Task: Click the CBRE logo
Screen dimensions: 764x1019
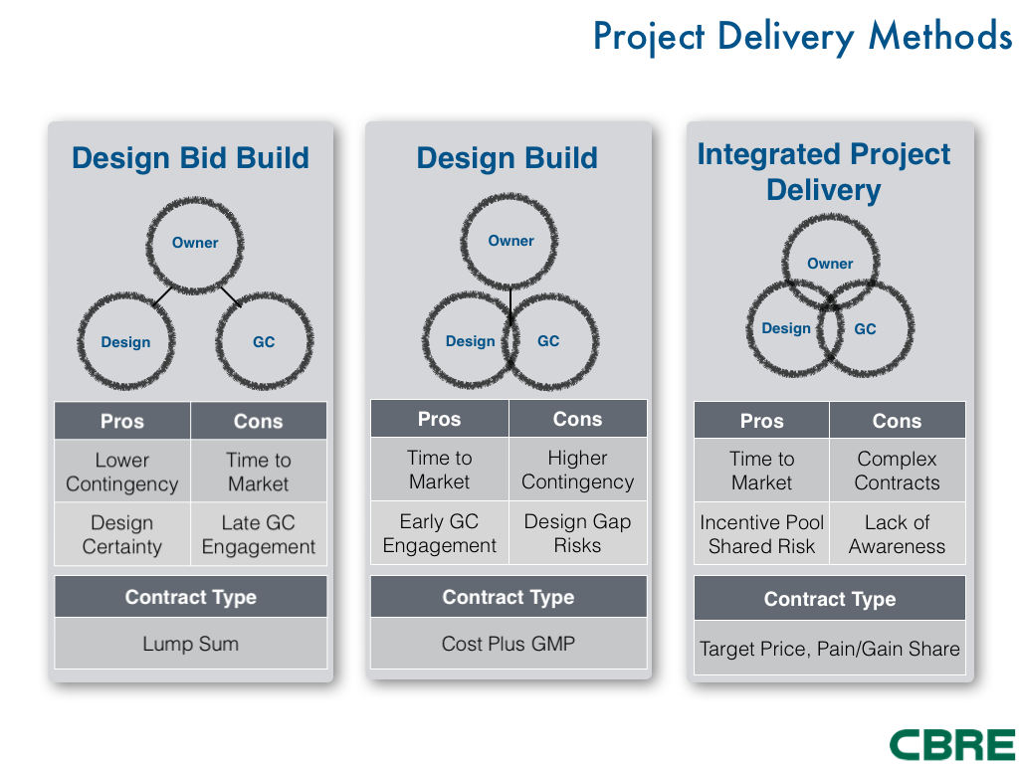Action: click(951, 743)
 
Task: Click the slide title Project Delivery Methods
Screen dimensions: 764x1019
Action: click(802, 37)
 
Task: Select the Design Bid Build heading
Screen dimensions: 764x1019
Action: click(190, 158)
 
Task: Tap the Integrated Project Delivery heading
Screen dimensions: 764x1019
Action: click(824, 172)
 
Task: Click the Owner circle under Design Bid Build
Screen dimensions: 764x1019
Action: click(195, 242)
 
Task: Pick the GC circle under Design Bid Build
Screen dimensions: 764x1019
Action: click(264, 341)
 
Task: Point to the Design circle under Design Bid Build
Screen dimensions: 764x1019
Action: click(125, 341)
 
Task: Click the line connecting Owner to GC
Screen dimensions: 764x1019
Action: click(230, 296)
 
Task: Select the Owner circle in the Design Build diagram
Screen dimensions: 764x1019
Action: click(510, 241)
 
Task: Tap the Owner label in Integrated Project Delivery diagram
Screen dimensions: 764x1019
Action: click(830, 264)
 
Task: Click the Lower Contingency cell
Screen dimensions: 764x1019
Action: click(122, 473)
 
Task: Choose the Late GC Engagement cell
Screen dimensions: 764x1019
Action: click(259, 534)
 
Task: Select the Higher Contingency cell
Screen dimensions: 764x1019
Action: click(577, 470)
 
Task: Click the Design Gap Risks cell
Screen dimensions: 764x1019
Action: click(577, 533)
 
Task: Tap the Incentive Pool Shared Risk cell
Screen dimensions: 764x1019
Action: click(761, 534)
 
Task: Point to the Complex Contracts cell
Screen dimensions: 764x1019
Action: click(897, 471)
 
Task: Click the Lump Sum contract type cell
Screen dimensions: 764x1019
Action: click(190, 644)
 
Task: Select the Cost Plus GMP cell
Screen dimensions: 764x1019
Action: click(509, 644)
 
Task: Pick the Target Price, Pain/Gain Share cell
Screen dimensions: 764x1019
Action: click(830, 649)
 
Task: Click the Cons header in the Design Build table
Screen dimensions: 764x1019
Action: click(577, 419)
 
